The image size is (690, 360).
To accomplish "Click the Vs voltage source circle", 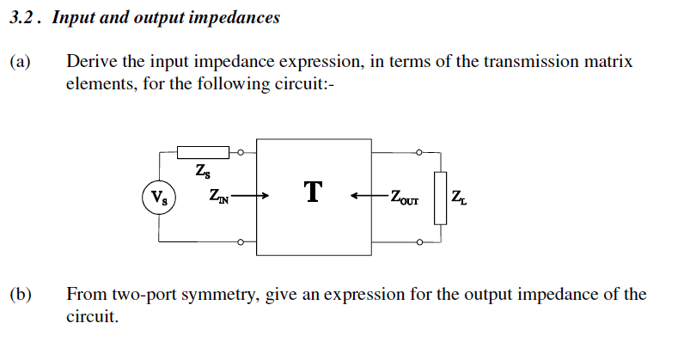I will (x=159, y=197).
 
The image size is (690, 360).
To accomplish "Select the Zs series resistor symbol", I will (x=203, y=153).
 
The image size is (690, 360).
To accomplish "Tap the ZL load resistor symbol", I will (x=441, y=197).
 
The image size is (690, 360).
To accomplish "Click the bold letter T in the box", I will (x=313, y=192).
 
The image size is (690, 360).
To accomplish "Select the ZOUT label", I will (x=404, y=198).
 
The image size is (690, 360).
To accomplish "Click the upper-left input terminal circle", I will (x=241, y=153).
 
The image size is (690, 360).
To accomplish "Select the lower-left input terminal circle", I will (x=241, y=242).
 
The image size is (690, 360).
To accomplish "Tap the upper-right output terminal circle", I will (x=418, y=153).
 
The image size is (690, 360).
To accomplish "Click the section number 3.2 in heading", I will (x=24, y=17).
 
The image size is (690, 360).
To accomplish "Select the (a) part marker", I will (x=20, y=62).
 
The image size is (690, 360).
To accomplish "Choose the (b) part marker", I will (x=21, y=295).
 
